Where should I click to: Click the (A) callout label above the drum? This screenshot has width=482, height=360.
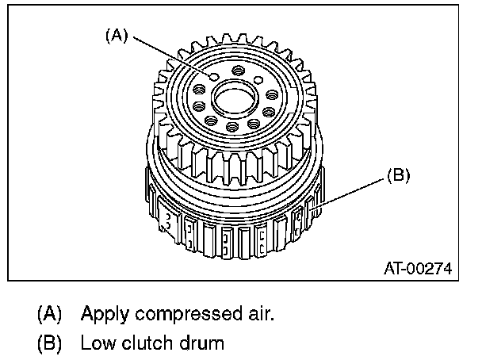(117, 36)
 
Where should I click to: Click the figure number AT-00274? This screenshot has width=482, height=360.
(417, 269)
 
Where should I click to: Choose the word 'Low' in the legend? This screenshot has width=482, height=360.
(96, 344)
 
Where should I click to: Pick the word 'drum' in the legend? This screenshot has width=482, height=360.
(201, 344)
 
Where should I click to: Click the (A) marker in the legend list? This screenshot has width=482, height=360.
(49, 314)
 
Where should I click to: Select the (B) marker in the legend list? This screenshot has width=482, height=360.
(49, 344)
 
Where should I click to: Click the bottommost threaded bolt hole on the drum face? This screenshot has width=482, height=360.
(231, 128)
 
